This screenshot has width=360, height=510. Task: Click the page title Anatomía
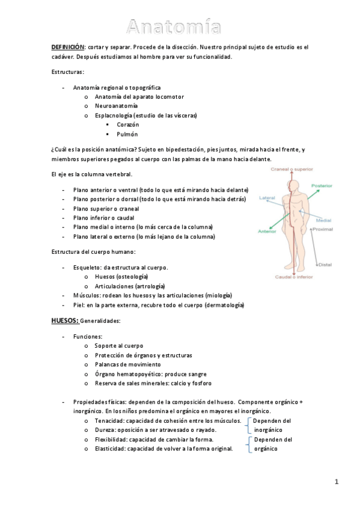[x=173, y=26]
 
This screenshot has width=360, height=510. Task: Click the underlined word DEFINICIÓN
[x=67, y=47]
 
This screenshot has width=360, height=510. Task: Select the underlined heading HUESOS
[x=64, y=321]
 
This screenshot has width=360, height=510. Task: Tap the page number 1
[x=337, y=481]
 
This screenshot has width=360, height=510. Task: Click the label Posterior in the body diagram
[x=322, y=186]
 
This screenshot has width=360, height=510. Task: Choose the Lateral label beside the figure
[x=267, y=197]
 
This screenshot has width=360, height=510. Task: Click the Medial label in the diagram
[x=323, y=221]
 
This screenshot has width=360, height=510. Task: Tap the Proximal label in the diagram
[x=323, y=229]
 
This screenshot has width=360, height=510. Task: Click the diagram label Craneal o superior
[x=291, y=169]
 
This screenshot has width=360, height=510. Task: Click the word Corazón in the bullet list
[x=128, y=124]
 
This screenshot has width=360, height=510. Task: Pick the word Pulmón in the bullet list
[x=127, y=134]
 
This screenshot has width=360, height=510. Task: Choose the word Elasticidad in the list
[x=111, y=448]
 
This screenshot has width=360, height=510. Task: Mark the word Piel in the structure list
[x=78, y=305]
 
